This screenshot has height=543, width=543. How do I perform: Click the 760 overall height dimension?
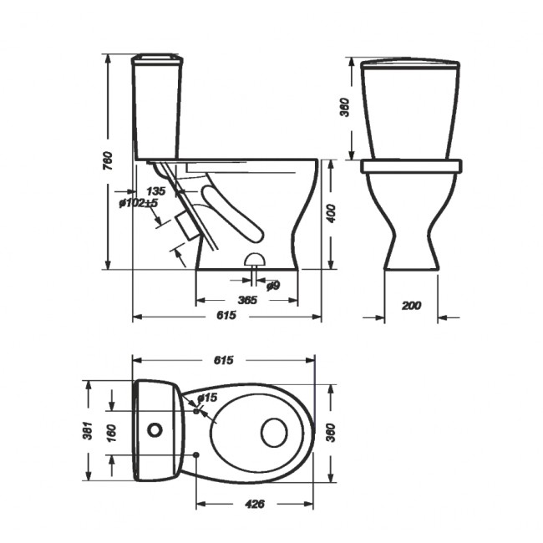[x=109, y=160]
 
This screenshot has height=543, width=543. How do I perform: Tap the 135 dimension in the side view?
[x=156, y=191]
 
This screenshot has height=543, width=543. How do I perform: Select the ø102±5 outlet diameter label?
[x=138, y=203]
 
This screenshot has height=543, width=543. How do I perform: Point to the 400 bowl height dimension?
[x=331, y=214]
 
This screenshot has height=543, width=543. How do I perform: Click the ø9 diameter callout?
[x=273, y=286]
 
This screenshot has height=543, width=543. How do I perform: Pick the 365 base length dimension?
[x=247, y=300]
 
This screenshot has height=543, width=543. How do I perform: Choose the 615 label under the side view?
[x=226, y=315]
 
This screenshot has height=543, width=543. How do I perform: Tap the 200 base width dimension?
[x=411, y=306]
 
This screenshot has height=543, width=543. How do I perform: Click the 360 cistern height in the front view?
[x=346, y=108]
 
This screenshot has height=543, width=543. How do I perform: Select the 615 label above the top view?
[x=224, y=360]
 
